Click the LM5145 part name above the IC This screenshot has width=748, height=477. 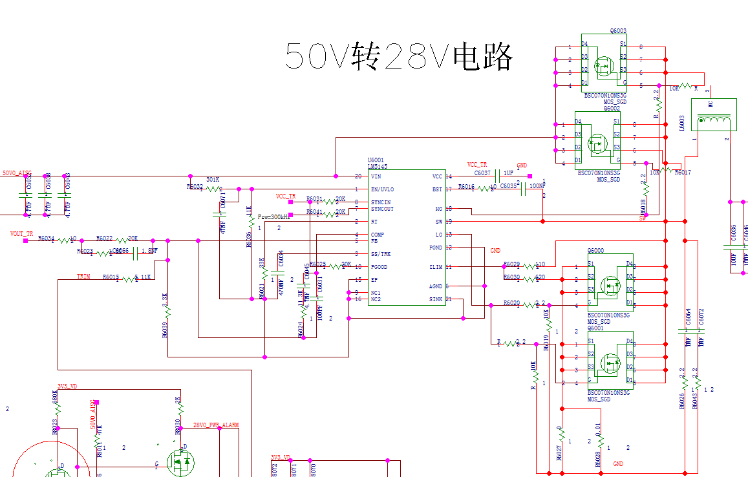[x=378, y=166]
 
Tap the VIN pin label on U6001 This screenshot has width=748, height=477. [x=376, y=176]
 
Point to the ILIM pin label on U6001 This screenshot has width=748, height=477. [x=436, y=267]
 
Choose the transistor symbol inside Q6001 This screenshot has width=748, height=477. [x=611, y=363]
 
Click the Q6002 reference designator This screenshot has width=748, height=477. [x=612, y=109]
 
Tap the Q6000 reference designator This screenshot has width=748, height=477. [x=595, y=250]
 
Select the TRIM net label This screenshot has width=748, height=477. [x=83, y=277]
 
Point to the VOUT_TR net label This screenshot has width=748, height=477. [x=21, y=233]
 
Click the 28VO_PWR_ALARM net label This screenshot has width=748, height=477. [x=216, y=425]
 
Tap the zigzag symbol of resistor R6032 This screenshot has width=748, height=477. [x=214, y=189]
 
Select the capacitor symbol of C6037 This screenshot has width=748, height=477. [x=498, y=176]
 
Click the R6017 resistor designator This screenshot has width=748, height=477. [x=683, y=173]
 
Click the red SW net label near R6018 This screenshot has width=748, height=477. [x=643, y=218]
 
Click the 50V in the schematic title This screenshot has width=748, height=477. [x=317, y=57]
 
